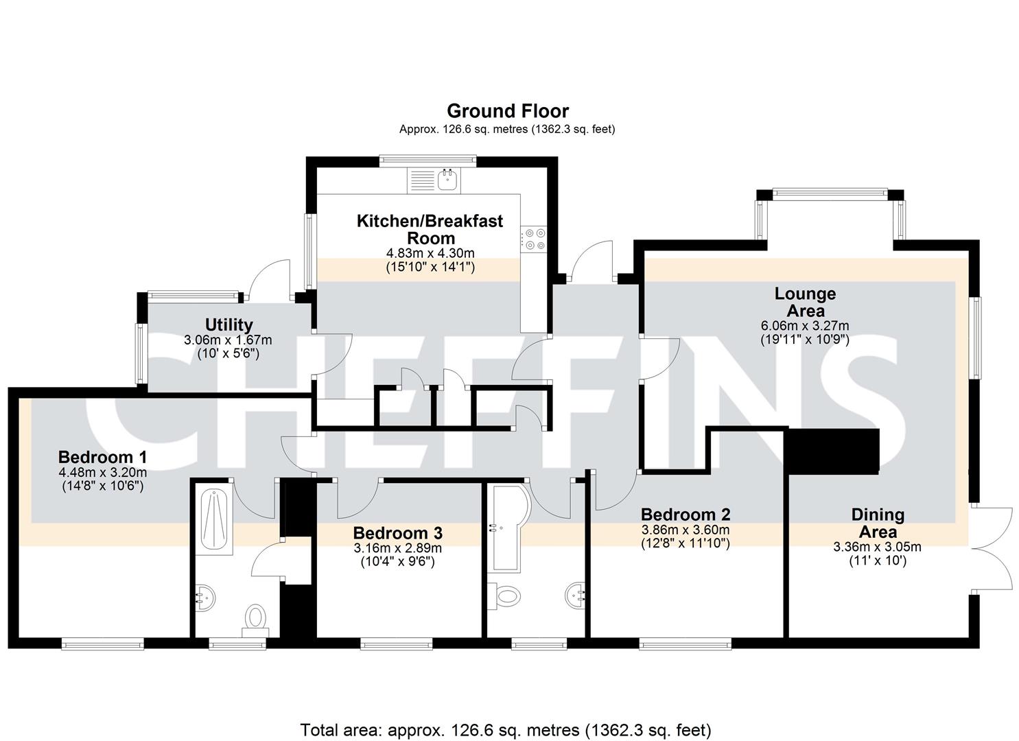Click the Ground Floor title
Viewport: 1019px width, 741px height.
[508, 111]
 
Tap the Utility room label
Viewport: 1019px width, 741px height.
[229, 325]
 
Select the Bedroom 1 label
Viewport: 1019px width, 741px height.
[102, 457]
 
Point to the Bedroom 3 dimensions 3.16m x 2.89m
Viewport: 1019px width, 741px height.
[397, 548]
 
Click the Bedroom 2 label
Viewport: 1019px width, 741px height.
[686, 515]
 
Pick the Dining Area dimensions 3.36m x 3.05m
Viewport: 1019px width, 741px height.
[877, 546]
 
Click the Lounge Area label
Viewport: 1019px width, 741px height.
[805, 302]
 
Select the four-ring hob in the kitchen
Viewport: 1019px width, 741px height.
[535, 239]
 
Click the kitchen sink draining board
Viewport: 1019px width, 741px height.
[422, 180]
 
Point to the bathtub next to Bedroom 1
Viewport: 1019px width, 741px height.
[214, 521]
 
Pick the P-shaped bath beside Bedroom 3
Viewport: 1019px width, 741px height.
[508, 527]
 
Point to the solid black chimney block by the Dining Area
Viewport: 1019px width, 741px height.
[834, 451]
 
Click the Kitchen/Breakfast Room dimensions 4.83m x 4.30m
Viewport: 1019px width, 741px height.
[430, 253]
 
